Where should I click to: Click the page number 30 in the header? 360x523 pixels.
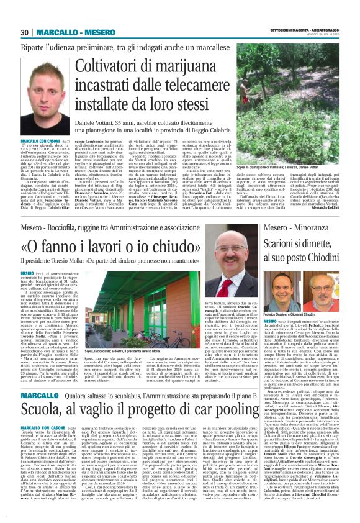[x=25, y=32]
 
